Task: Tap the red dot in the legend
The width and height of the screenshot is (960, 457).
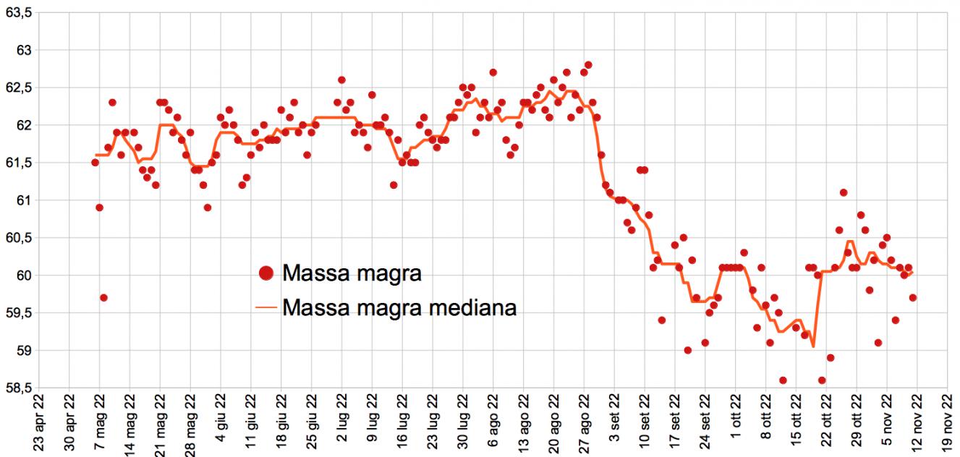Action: [266, 273]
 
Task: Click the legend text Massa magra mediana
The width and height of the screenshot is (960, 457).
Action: [399, 307]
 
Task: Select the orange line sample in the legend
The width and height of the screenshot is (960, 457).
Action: [266, 308]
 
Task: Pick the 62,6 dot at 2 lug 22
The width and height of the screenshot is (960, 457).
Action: [341, 80]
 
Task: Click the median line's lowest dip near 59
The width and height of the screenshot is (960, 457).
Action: [814, 346]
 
